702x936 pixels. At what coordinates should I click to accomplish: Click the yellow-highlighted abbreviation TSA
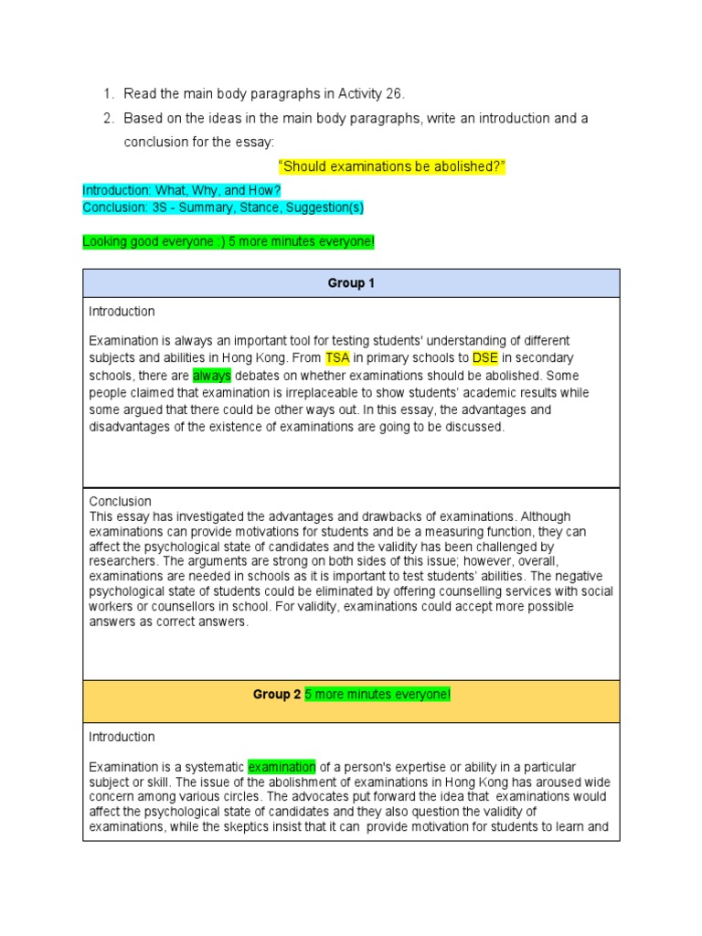coord(337,357)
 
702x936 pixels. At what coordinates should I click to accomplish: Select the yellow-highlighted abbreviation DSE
coord(484,357)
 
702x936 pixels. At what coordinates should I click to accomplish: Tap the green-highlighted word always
coord(212,375)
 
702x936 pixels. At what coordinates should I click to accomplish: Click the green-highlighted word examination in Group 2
coord(282,767)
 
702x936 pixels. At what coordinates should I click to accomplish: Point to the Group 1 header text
coord(351,283)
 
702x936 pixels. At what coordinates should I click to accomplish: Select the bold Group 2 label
coord(277,695)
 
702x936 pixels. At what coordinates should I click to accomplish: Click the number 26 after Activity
coord(394,93)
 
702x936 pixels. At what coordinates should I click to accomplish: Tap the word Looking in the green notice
coord(105,241)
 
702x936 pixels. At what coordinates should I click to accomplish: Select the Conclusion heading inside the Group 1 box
coord(120,501)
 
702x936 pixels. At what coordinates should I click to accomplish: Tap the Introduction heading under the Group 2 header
coord(122,737)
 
